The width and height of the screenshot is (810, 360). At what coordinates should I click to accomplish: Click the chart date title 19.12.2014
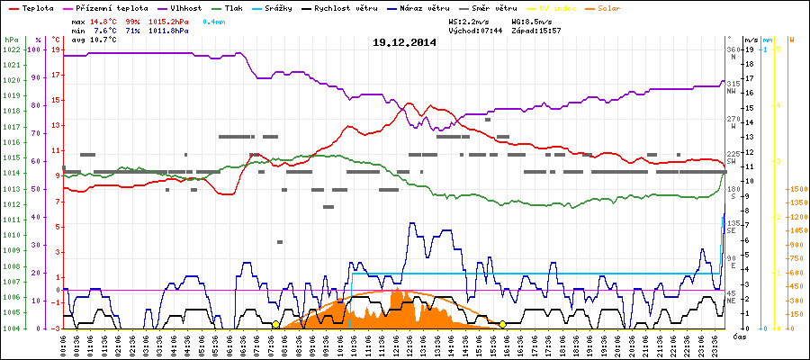405,42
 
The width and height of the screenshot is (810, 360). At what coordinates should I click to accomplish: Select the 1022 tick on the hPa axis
11,49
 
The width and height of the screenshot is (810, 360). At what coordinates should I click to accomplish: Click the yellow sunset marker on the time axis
502,324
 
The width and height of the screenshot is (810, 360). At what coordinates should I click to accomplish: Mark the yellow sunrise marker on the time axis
275,324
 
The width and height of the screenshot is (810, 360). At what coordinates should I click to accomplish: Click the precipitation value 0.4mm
216,20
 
